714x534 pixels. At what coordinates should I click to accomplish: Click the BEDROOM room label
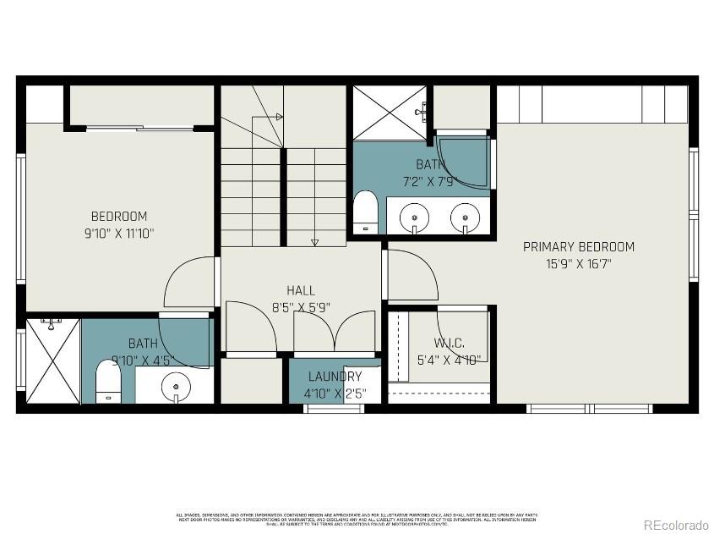[119, 216]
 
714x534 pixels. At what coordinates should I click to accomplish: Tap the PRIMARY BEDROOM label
[578, 247]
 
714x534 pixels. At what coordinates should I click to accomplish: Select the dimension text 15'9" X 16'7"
[578, 263]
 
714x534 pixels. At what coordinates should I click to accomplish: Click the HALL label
[301, 290]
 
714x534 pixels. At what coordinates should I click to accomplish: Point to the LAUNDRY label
[335, 377]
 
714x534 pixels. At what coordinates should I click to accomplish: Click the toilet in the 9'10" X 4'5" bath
[107, 382]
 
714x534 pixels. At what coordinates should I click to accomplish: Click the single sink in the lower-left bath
[176, 385]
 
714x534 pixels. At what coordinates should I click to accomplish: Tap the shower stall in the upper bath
[389, 113]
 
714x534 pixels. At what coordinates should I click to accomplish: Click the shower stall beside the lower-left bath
[52, 361]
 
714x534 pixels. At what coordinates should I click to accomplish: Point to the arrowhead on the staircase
[315, 242]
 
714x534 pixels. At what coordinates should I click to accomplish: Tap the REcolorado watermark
[676, 525]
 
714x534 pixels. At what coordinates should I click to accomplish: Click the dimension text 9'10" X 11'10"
[119, 233]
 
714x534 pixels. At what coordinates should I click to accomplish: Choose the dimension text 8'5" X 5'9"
[301, 308]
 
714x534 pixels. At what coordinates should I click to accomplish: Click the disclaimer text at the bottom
[356, 519]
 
